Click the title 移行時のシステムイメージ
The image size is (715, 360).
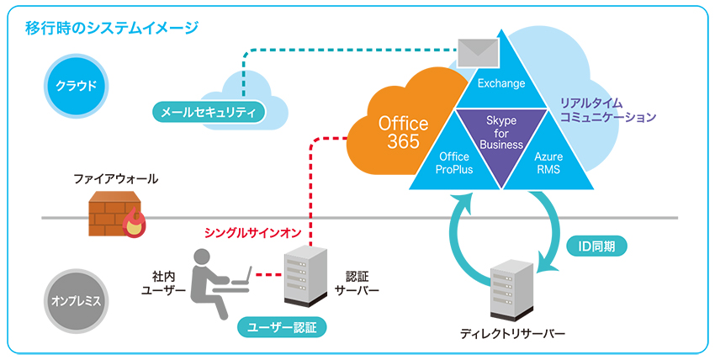point(112,28)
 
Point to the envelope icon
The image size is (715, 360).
point(477,51)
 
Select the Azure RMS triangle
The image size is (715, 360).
point(548,161)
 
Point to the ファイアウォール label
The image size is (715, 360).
point(115,178)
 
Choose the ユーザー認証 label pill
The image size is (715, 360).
point(282,327)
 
